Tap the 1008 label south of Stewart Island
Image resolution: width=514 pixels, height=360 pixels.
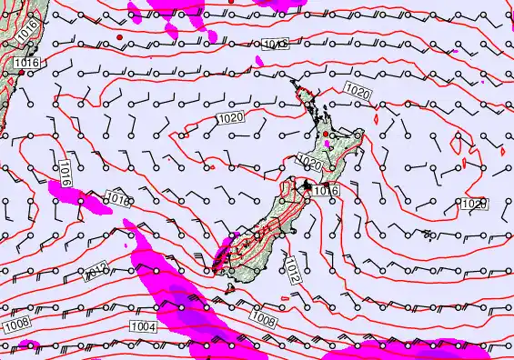263,320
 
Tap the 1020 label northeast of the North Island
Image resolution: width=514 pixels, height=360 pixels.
358,92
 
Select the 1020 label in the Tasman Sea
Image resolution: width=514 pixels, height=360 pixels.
230,118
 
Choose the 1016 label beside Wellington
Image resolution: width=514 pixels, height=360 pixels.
325,191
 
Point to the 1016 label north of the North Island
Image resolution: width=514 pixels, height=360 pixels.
274,44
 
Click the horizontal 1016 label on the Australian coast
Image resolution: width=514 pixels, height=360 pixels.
26,63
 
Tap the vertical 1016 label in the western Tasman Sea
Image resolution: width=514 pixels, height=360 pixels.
64,172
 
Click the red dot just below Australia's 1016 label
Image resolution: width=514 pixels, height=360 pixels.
22,73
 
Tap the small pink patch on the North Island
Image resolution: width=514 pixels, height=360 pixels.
328,144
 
